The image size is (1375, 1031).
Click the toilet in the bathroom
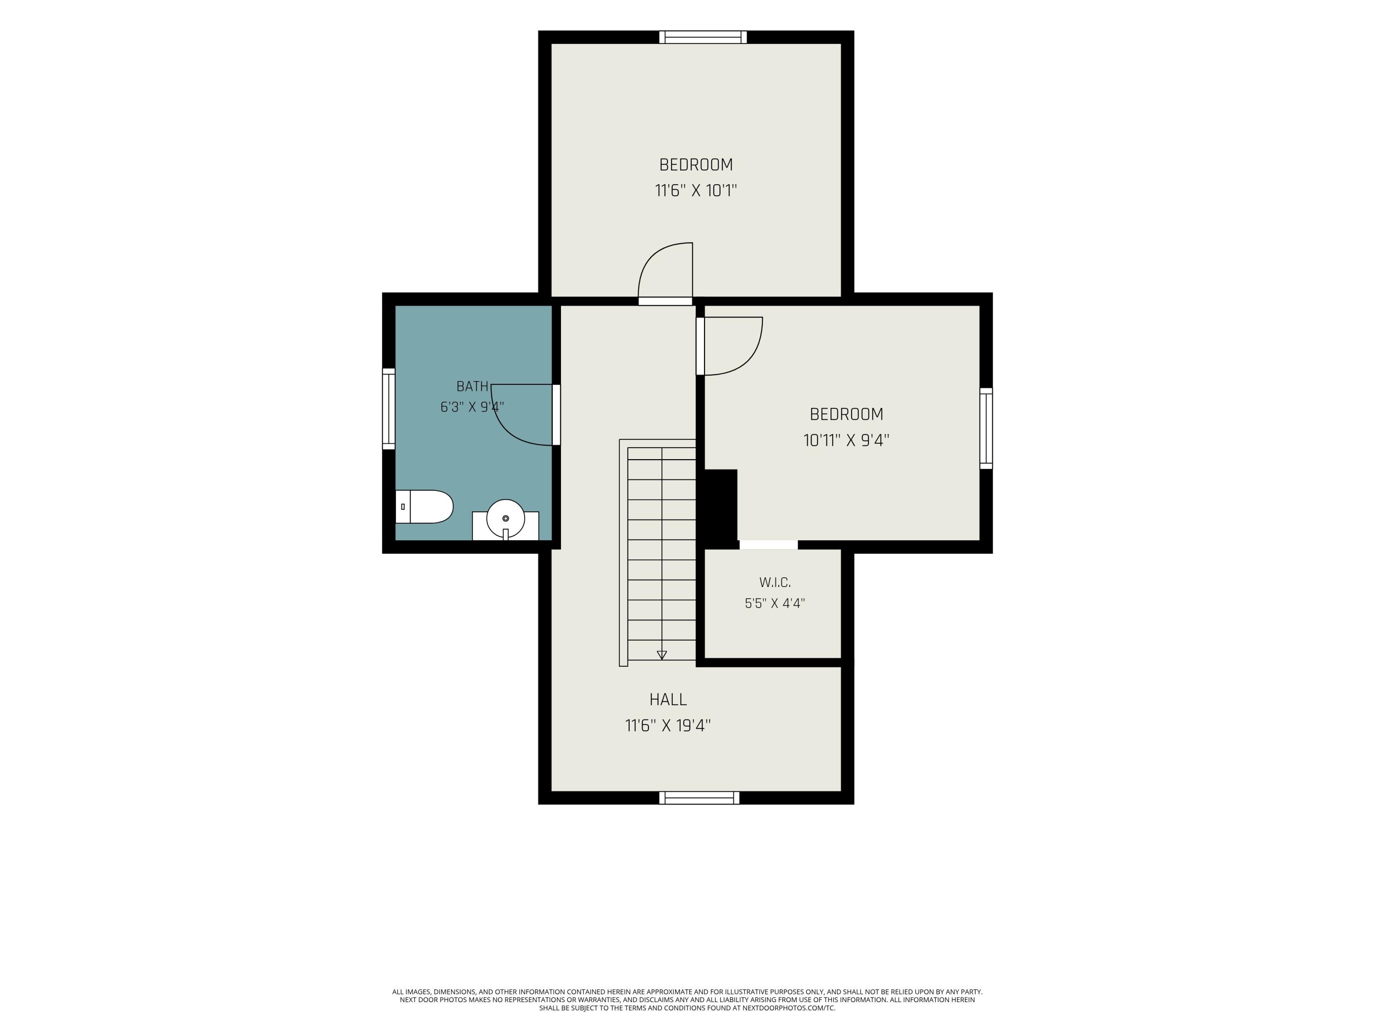(x=424, y=506)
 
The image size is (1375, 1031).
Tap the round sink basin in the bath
(x=506, y=518)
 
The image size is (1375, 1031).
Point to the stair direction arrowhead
(x=662, y=655)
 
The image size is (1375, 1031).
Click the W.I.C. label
(x=775, y=583)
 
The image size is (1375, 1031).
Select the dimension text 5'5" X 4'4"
(x=775, y=603)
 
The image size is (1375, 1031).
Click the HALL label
(x=668, y=700)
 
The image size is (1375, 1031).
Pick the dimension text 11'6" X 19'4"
(x=668, y=726)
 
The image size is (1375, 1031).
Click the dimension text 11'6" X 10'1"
(x=696, y=190)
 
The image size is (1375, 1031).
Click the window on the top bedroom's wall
(x=703, y=37)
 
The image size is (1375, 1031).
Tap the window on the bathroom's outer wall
(x=389, y=408)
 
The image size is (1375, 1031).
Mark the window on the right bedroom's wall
(x=986, y=428)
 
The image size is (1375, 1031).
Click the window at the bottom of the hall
(x=699, y=798)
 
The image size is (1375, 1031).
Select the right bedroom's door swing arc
(x=748, y=361)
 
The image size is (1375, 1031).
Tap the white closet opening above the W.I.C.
(x=768, y=545)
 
